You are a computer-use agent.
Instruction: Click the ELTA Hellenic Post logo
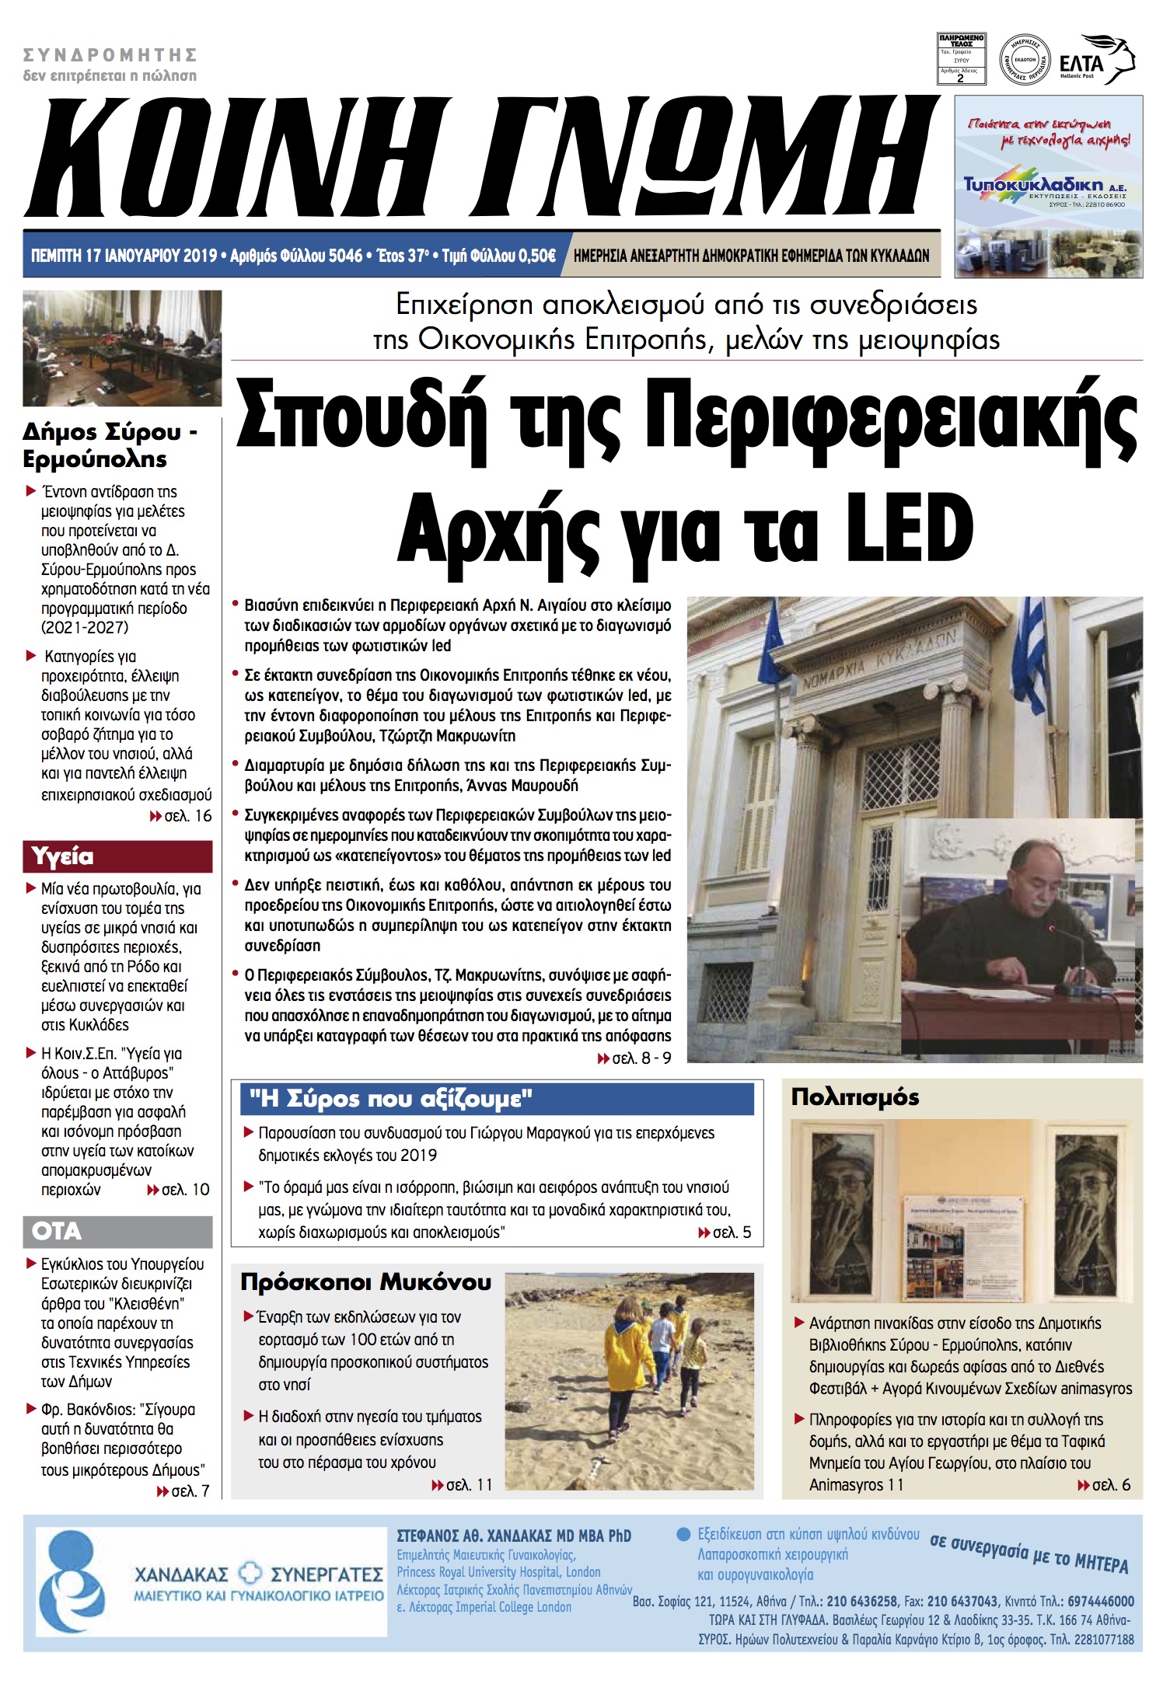[x=1096, y=61]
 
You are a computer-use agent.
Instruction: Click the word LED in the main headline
[x=910, y=528]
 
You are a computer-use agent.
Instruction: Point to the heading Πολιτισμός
[x=854, y=1097]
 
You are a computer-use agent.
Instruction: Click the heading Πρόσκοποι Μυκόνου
[x=365, y=1282]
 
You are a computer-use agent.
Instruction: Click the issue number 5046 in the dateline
[x=345, y=256]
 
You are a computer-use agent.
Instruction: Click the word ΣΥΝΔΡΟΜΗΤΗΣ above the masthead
[x=110, y=55]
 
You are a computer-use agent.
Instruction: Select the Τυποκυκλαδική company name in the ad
[x=1033, y=184]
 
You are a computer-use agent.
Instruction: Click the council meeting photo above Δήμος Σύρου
[x=122, y=348]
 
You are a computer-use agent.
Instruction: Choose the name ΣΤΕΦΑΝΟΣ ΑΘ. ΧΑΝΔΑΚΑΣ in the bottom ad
[x=513, y=1536]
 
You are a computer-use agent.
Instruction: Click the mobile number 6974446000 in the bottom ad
[x=1100, y=1602]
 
